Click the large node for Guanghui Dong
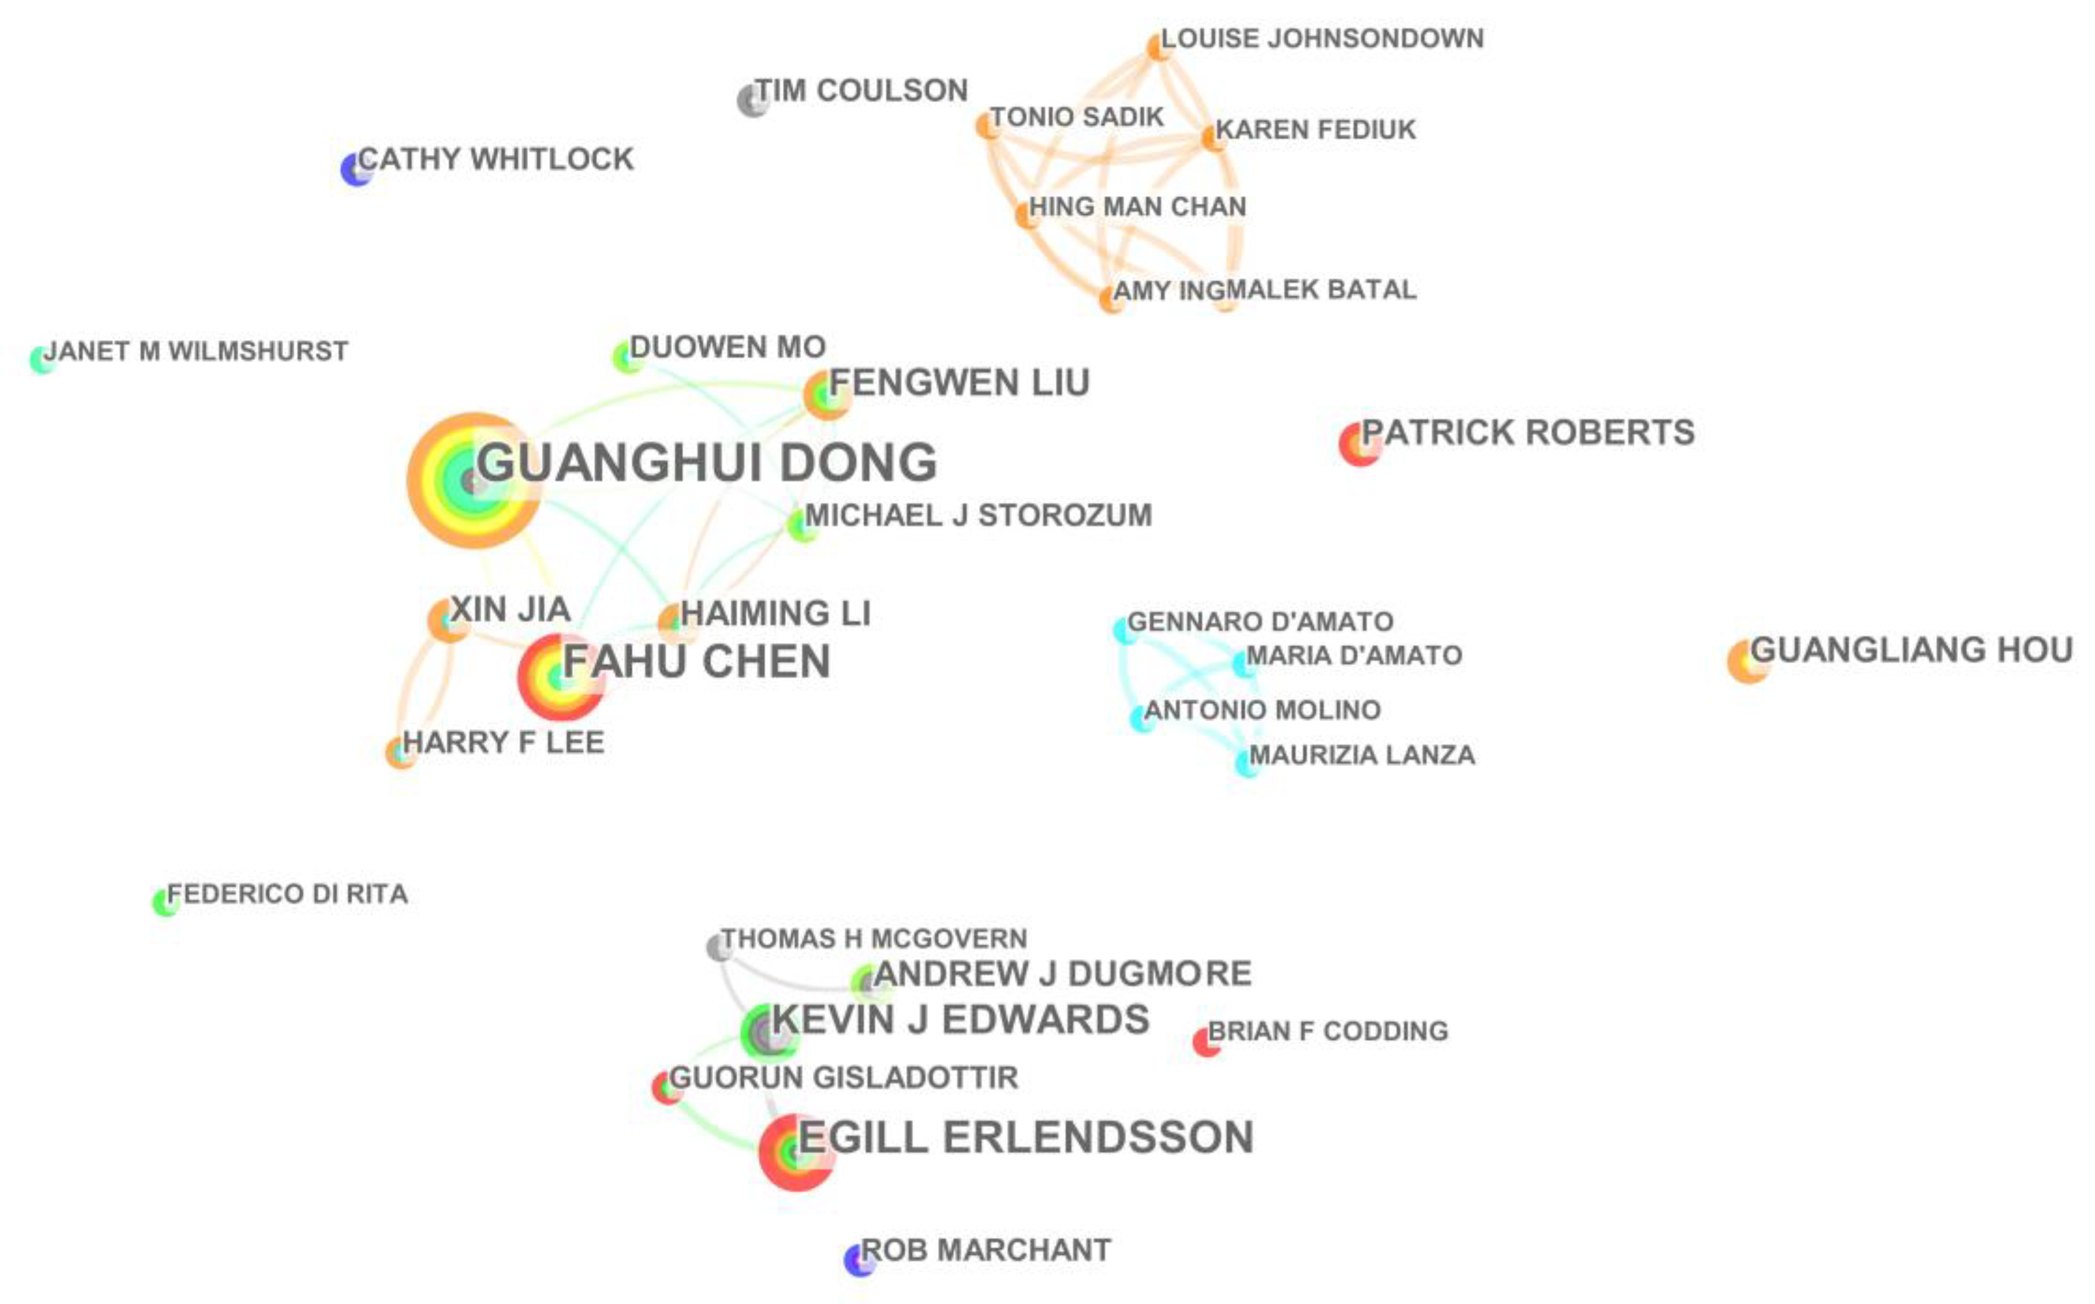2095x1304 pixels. click(x=473, y=480)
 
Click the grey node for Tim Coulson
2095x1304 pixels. click(x=753, y=100)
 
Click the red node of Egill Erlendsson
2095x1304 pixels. click(x=795, y=1151)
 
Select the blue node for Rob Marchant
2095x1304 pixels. click(x=859, y=1259)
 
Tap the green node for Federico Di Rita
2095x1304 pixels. click(x=165, y=902)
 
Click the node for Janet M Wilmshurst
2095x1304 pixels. click(x=41, y=360)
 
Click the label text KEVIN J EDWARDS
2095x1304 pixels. click(x=960, y=1019)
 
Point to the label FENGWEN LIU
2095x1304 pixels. click(x=959, y=382)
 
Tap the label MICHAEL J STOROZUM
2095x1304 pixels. click(x=978, y=515)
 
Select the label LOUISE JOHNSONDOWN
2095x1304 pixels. click(x=1322, y=39)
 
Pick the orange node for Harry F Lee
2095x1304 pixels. click(x=400, y=753)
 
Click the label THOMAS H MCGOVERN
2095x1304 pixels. click(x=874, y=938)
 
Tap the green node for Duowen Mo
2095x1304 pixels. click(x=627, y=356)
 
